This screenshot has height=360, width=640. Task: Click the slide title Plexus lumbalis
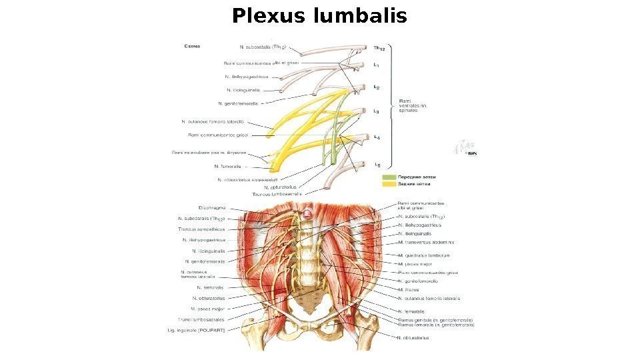319,15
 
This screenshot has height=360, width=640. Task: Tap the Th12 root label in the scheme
378,47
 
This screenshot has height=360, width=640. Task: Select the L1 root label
377,65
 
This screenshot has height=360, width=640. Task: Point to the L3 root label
377,111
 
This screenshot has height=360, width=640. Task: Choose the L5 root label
377,164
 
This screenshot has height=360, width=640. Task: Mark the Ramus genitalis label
436,320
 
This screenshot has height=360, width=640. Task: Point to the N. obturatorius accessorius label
247,180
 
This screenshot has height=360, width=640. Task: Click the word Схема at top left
192,46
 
